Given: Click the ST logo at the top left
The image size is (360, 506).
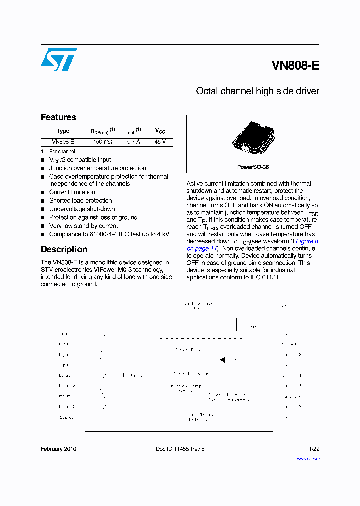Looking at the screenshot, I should tap(59, 59).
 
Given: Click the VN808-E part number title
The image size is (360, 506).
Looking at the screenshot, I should tap(295, 66).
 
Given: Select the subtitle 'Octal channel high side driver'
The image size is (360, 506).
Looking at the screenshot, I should tap(257, 91).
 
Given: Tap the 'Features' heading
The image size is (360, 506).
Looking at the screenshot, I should tap(58, 117).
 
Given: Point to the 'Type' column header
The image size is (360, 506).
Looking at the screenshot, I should tap(63, 131).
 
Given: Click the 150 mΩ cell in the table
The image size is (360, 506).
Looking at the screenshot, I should tap(103, 142).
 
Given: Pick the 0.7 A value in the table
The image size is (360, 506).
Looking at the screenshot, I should tap(133, 142).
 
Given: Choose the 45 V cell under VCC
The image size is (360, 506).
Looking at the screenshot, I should tap(160, 142).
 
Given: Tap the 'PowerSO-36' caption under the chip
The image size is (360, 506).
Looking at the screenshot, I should tap(253, 167).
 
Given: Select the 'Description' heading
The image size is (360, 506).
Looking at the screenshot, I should tap(64, 249).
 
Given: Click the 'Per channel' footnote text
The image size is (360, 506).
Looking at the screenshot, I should tap(62, 151).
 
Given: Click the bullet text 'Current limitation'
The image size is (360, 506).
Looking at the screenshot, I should tap(72, 192).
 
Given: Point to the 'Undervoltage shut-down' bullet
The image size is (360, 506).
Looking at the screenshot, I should tap(82, 209).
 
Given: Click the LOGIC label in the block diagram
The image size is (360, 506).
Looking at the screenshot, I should tap(132, 375).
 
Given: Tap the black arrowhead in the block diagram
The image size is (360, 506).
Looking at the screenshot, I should tap(222, 359).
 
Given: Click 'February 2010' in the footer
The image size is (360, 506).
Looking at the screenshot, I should tap(58, 449).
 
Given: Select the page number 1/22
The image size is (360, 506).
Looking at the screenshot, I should tap(314, 449).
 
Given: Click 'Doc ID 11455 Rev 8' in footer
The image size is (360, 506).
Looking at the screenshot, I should tap(180, 449).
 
